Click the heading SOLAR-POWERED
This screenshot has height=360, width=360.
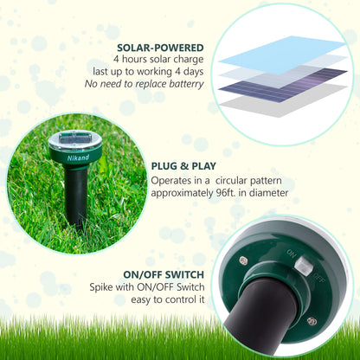pos(162,48)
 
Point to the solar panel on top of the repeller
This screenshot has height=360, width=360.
pos(75,139)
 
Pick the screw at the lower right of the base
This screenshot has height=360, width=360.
pos(312,322)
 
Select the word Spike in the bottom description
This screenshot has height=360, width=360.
pos(102,287)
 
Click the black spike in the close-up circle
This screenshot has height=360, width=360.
pos(260,316)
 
